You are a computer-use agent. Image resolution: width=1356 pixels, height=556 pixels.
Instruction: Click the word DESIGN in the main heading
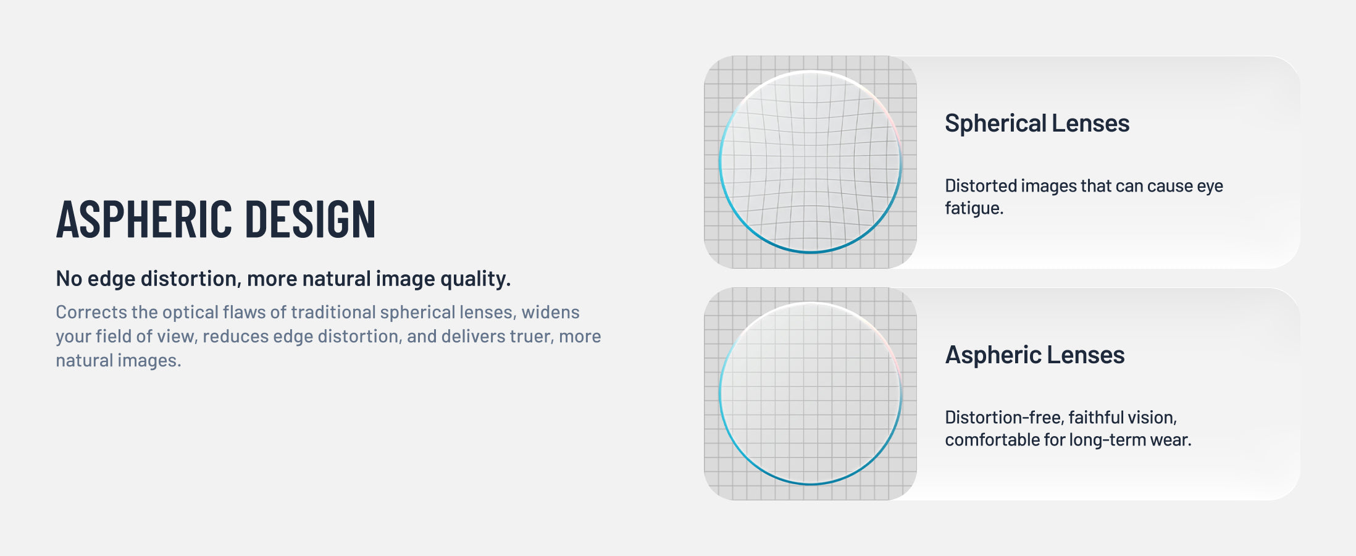point(311,219)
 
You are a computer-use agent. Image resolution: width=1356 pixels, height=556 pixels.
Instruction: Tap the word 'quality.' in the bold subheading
point(475,279)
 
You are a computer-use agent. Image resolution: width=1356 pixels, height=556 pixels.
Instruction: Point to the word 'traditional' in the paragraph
point(333,312)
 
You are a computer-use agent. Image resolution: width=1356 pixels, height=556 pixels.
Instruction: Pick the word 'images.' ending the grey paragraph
point(149,360)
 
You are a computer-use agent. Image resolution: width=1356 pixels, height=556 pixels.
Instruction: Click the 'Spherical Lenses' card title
point(1037,124)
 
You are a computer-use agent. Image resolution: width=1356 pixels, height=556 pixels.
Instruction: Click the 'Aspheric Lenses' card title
point(1035,355)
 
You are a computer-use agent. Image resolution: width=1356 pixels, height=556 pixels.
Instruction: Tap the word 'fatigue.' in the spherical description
point(974,208)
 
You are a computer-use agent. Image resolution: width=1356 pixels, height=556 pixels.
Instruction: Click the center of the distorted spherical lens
point(811,162)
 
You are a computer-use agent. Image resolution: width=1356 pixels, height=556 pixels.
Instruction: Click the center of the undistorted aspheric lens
point(811,394)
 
